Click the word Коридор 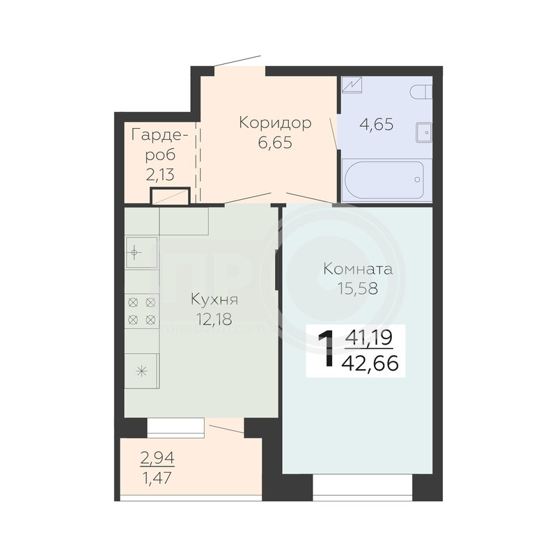[275, 123]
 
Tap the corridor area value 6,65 [275, 143]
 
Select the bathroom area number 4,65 [377, 125]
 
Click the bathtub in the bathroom [384, 180]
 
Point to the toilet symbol [421, 93]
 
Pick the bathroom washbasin [424, 132]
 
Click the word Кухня [214, 300]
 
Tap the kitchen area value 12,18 [214, 320]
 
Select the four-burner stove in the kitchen [142, 311]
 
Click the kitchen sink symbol [141, 253]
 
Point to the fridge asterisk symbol [142, 372]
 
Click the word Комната [358, 269]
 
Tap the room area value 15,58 [358, 288]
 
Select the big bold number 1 [326, 348]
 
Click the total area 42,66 [370, 363]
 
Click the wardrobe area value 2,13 [160, 175]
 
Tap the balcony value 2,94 [157, 458]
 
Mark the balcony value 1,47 [157, 478]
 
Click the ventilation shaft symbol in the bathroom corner [352, 85]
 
